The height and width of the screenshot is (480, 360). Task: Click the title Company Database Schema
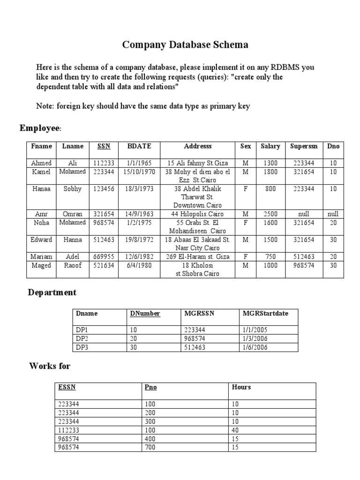click(185, 45)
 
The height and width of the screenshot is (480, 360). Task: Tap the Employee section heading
click(40, 128)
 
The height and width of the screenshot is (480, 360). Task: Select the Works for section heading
click(50, 366)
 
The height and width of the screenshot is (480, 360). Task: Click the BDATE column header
click(139, 146)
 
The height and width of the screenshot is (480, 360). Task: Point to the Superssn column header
click(304, 146)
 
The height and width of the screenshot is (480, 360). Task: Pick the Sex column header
click(246, 146)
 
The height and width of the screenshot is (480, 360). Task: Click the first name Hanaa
click(42, 189)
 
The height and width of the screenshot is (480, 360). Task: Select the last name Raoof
click(72, 265)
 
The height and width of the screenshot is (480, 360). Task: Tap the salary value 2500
click(270, 214)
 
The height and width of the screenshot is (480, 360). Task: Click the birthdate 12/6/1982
click(139, 257)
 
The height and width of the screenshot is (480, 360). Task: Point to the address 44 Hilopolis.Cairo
click(198, 214)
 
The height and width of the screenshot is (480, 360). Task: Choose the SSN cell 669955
click(104, 257)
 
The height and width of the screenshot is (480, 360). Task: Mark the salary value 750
click(270, 257)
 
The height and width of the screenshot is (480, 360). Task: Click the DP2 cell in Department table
click(82, 338)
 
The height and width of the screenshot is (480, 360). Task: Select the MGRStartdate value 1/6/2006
click(255, 347)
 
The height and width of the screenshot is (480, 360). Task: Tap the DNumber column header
click(145, 314)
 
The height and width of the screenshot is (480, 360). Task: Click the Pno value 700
click(150, 448)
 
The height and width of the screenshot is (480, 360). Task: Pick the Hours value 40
click(235, 430)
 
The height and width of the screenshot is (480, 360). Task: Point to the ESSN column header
click(67, 387)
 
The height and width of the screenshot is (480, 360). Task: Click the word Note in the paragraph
click(45, 106)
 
